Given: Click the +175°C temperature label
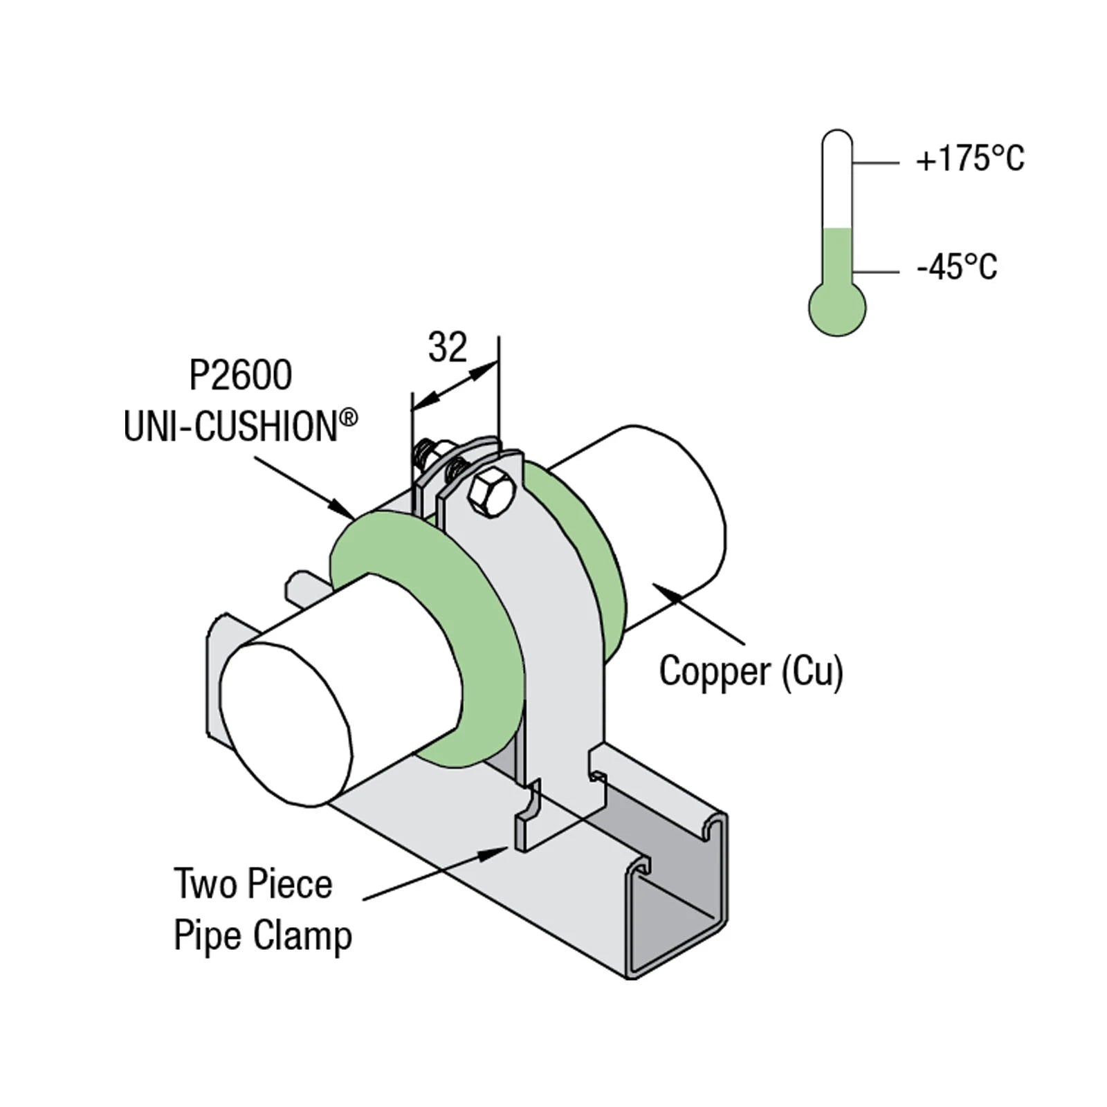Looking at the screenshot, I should [x=969, y=159].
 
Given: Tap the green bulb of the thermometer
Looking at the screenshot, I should [x=837, y=309].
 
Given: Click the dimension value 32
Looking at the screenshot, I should [x=448, y=347].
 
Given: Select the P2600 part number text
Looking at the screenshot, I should [x=241, y=376].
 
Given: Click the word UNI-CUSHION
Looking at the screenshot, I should [x=230, y=426].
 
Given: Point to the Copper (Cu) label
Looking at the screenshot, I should [x=751, y=671].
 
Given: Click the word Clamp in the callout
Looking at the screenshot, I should [x=302, y=936].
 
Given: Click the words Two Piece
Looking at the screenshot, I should [x=253, y=884].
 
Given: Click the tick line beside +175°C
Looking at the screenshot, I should [x=875, y=163].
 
